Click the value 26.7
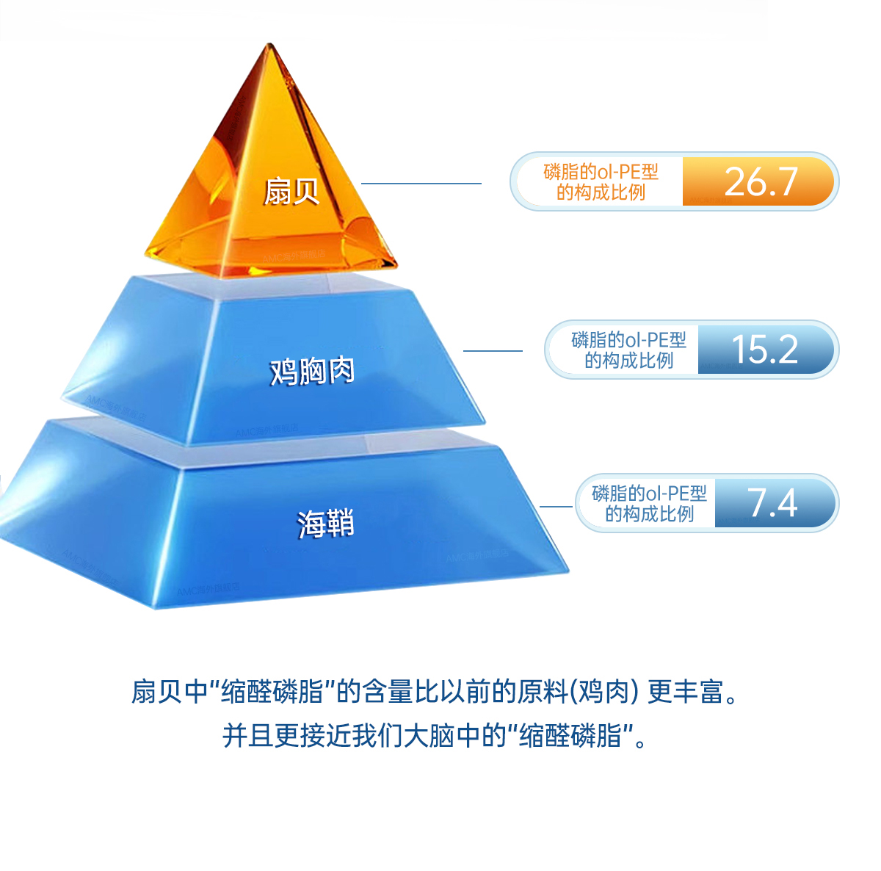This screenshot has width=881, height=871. pyautogui.click(x=760, y=181)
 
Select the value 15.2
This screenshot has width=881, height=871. pyautogui.click(x=764, y=350)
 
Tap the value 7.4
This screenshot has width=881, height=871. pyautogui.click(x=772, y=503)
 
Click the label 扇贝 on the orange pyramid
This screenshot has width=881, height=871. pyautogui.click(x=291, y=191)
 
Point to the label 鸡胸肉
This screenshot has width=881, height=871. pyautogui.click(x=312, y=371)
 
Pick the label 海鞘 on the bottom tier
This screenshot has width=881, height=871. pyautogui.click(x=325, y=524)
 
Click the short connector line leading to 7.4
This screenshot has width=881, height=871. pyautogui.click(x=556, y=506)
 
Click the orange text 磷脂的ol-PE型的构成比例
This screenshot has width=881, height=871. pyautogui.click(x=601, y=181)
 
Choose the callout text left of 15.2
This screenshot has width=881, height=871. pyautogui.click(x=628, y=350)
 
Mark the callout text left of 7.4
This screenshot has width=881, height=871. pyautogui.click(x=649, y=503)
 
